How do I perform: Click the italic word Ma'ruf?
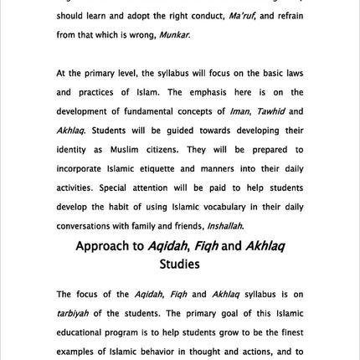(x=244, y=15)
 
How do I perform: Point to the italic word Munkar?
(x=173, y=35)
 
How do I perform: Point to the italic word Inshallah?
(x=225, y=226)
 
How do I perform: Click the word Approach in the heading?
(x=110, y=246)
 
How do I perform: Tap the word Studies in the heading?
(x=180, y=265)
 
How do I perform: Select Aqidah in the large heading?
(x=167, y=246)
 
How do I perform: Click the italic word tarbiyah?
(x=74, y=314)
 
